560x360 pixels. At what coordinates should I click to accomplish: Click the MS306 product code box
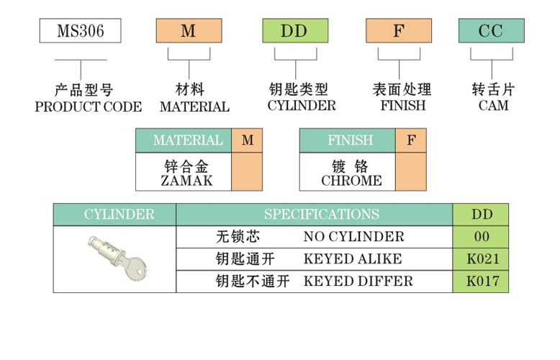click(x=80, y=31)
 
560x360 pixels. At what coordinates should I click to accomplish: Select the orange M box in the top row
click(x=188, y=31)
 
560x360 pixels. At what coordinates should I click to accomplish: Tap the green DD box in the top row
click(x=294, y=31)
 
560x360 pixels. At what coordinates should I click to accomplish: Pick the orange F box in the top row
click(x=398, y=31)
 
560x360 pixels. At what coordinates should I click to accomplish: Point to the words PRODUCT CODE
click(x=88, y=107)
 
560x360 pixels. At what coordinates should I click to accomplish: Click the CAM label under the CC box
click(x=493, y=106)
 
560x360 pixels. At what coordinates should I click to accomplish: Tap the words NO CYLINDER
click(x=353, y=237)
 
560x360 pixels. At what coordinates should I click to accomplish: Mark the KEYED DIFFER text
click(x=358, y=281)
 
